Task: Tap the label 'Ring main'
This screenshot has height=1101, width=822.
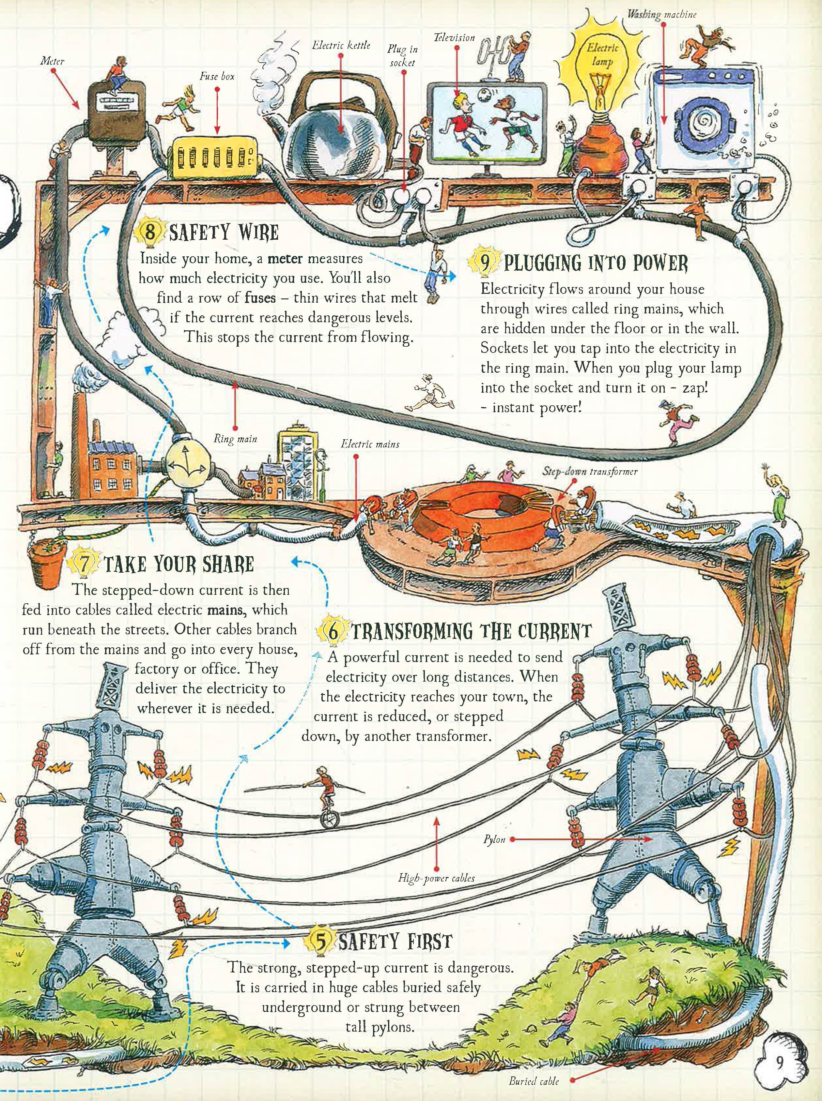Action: pyautogui.click(x=235, y=439)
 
